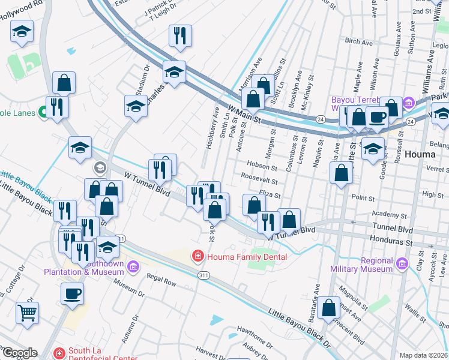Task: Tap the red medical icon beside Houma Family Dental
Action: pos(197,257)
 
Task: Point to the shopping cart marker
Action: pos(27,312)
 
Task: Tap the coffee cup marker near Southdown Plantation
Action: pos(72,293)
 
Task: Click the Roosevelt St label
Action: pos(259,179)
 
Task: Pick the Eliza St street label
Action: pos(270,194)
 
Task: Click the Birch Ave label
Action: pos(359,41)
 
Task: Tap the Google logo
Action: pos(19,353)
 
